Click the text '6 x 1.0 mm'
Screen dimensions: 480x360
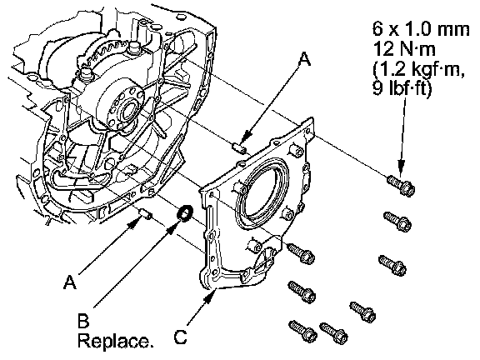(421, 29)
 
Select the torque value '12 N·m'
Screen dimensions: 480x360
(404, 49)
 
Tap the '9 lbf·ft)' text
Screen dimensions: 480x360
(402, 88)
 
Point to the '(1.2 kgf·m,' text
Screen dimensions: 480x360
(419, 69)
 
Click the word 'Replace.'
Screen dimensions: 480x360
(115, 340)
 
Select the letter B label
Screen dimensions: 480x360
(83, 321)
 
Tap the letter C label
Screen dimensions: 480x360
(180, 338)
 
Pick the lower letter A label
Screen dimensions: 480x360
(70, 282)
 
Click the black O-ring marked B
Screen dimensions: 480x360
(185, 213)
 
